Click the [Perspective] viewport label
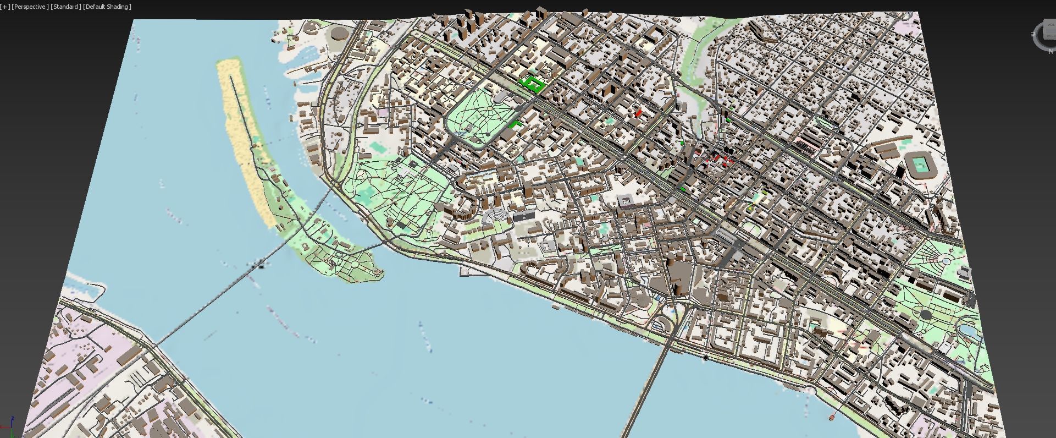point(30,7)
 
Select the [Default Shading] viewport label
point(107,7)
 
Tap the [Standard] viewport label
point(65,7)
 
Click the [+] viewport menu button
point(5,7)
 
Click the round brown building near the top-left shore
point(340,34)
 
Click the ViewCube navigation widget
point(1046,36)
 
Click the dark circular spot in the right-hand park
point(926,315)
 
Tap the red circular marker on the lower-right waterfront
point(832,418)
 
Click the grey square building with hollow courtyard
point(625,201)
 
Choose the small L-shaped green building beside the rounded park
point(516,124)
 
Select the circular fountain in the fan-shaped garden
point(947,260)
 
